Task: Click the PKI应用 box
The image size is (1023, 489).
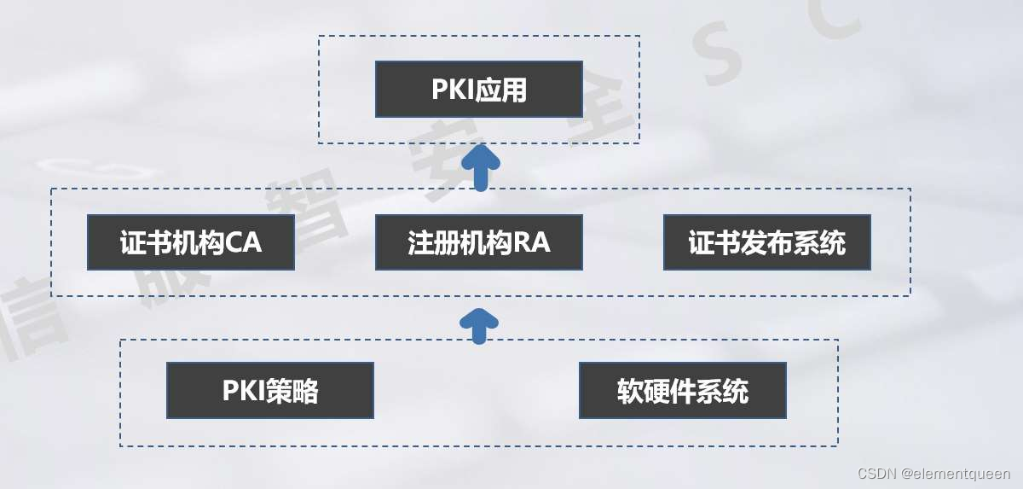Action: tap(479, 89)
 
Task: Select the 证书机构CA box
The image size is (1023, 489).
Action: tap(191, 242)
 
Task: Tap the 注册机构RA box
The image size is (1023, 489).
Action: tap(479, 242)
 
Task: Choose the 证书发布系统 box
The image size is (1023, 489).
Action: tap(767, 242)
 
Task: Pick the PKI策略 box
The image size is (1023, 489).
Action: tap(270, 391)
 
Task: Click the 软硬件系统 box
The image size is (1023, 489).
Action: tap(683, 391)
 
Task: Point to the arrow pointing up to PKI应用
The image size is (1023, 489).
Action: tap(480, 166)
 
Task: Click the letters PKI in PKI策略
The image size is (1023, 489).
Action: tap(243, 391)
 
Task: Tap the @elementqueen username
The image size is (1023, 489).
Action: tap(956, 474)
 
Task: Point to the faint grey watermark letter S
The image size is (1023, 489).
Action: tap(725, 64)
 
